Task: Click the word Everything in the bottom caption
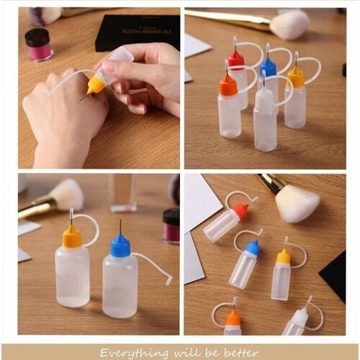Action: (128, 353)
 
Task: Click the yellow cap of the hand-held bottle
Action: (96, 85)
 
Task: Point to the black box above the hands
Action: (137, 31)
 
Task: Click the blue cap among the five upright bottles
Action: (268, 68)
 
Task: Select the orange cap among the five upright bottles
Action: (228, 86)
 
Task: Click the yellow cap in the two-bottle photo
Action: (72, 237)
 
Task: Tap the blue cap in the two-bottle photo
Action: (120, 246)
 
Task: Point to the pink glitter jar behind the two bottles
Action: (171, 225)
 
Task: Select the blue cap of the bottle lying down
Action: (253, 248)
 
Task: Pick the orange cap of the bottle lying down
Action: (233, 318)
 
